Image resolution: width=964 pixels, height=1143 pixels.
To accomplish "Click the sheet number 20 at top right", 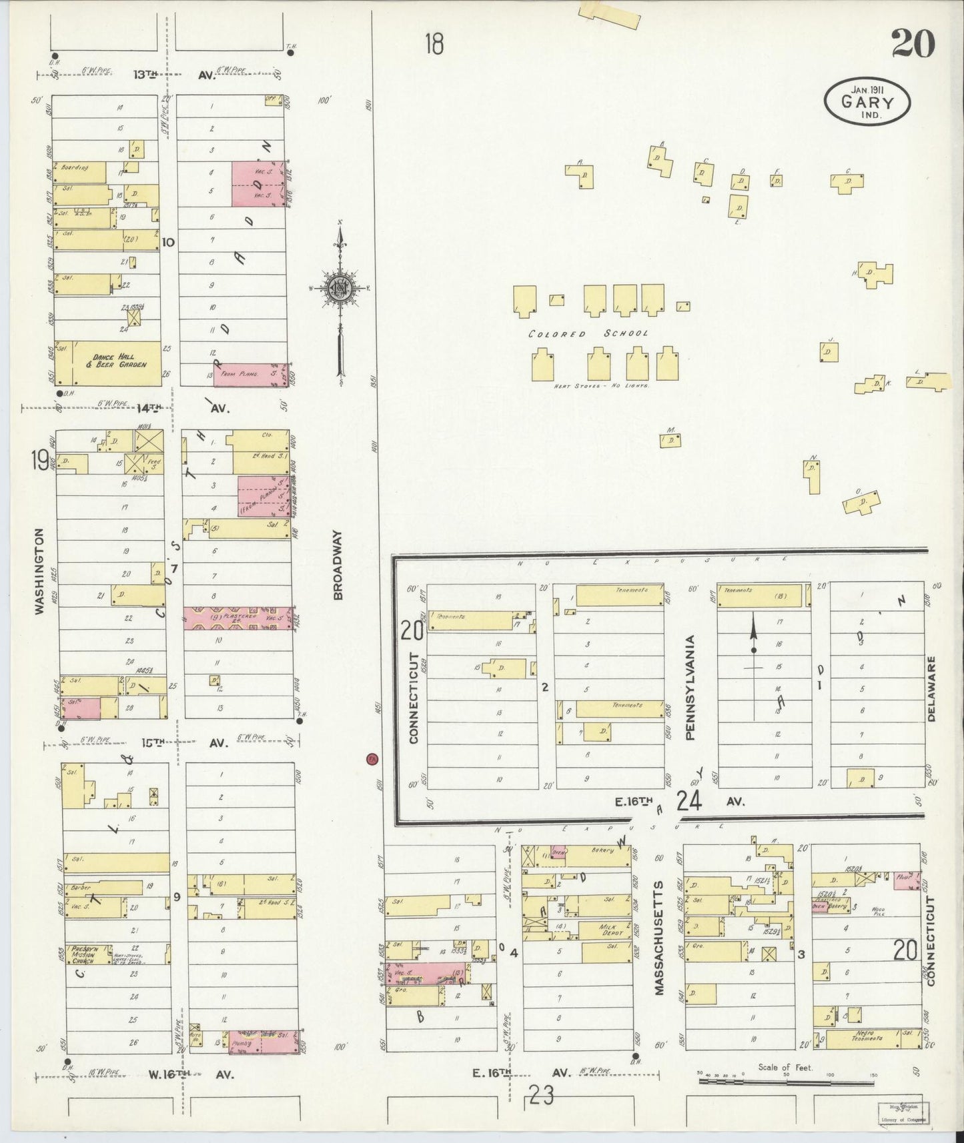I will click(912, 44).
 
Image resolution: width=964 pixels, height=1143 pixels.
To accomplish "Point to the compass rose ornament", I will click(341, 288).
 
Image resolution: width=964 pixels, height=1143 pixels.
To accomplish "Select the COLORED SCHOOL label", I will click(588, 333).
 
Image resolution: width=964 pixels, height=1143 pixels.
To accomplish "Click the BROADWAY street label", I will click(338, 565).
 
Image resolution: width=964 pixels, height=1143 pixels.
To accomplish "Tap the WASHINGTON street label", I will click(39, 571).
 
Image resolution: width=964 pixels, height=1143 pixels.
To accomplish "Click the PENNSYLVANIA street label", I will click(690, 688).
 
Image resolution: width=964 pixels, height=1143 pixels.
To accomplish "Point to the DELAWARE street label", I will click(931, 689).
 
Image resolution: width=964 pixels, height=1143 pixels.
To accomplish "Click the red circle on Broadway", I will click(372, 759).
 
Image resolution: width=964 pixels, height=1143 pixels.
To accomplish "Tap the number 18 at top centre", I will click(434, 45).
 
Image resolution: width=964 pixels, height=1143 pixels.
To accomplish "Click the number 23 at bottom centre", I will click(541, 1095).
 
